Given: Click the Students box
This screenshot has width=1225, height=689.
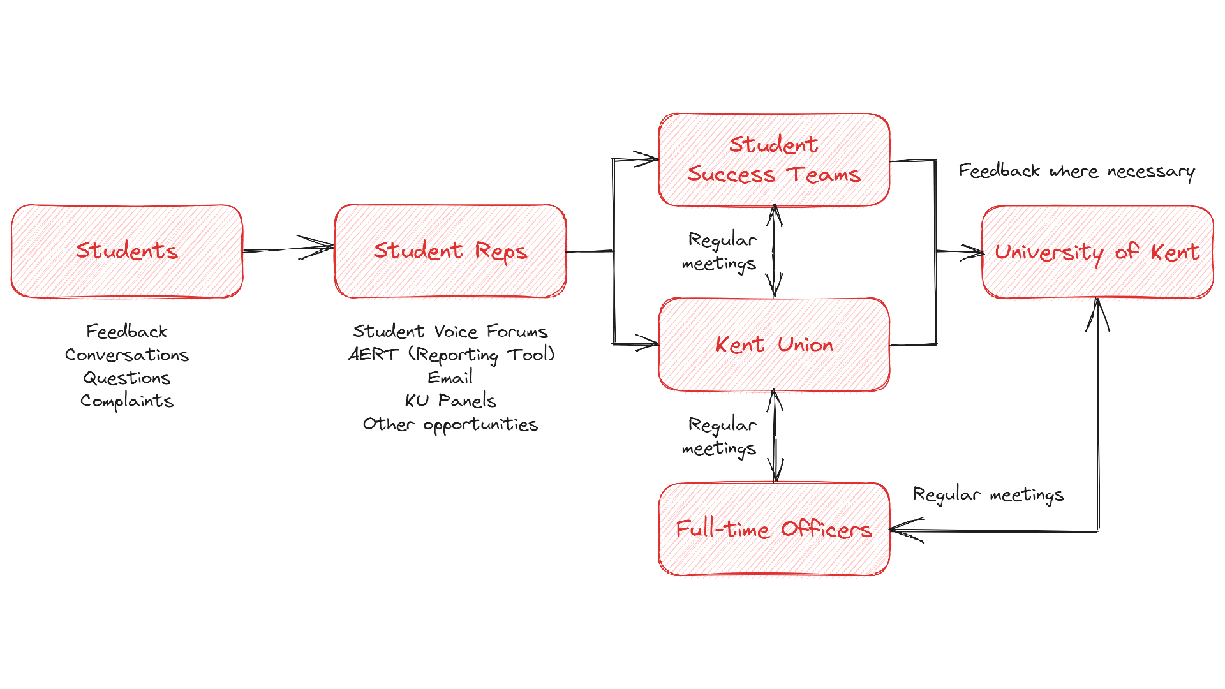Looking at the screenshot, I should coord(126,251).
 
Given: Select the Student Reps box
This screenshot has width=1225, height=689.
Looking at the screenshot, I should coord(450,251).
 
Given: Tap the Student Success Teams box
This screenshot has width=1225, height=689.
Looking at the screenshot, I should coord(774,160).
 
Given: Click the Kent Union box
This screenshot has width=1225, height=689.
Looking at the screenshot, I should coord(774,344).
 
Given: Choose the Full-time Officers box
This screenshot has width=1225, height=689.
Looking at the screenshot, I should coord(774,530).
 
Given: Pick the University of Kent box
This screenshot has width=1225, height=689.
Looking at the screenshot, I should coord(1097,252).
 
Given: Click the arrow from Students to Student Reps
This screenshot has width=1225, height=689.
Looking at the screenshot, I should coord(287,249).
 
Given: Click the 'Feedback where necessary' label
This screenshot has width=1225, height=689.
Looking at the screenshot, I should coord(1077,171).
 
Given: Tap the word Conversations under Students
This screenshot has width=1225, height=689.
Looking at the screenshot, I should coord(126,355).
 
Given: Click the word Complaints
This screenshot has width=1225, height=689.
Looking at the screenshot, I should coord(126,401).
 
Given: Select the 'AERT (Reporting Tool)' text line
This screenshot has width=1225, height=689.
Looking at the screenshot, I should coord(450,355).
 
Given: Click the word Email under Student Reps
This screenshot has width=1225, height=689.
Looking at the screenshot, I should coord(450,378).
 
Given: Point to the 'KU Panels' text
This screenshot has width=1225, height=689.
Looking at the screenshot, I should coord(450,401).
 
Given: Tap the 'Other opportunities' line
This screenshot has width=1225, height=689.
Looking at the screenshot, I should coord(450,425).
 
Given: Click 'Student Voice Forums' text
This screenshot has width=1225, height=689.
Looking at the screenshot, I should coord(450,331).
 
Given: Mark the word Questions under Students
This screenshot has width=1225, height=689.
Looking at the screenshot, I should coord(126,378).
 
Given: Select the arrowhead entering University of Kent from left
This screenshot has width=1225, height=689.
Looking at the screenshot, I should coord(974,252).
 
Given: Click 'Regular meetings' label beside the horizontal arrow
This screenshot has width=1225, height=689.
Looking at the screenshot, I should coord(988,495).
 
